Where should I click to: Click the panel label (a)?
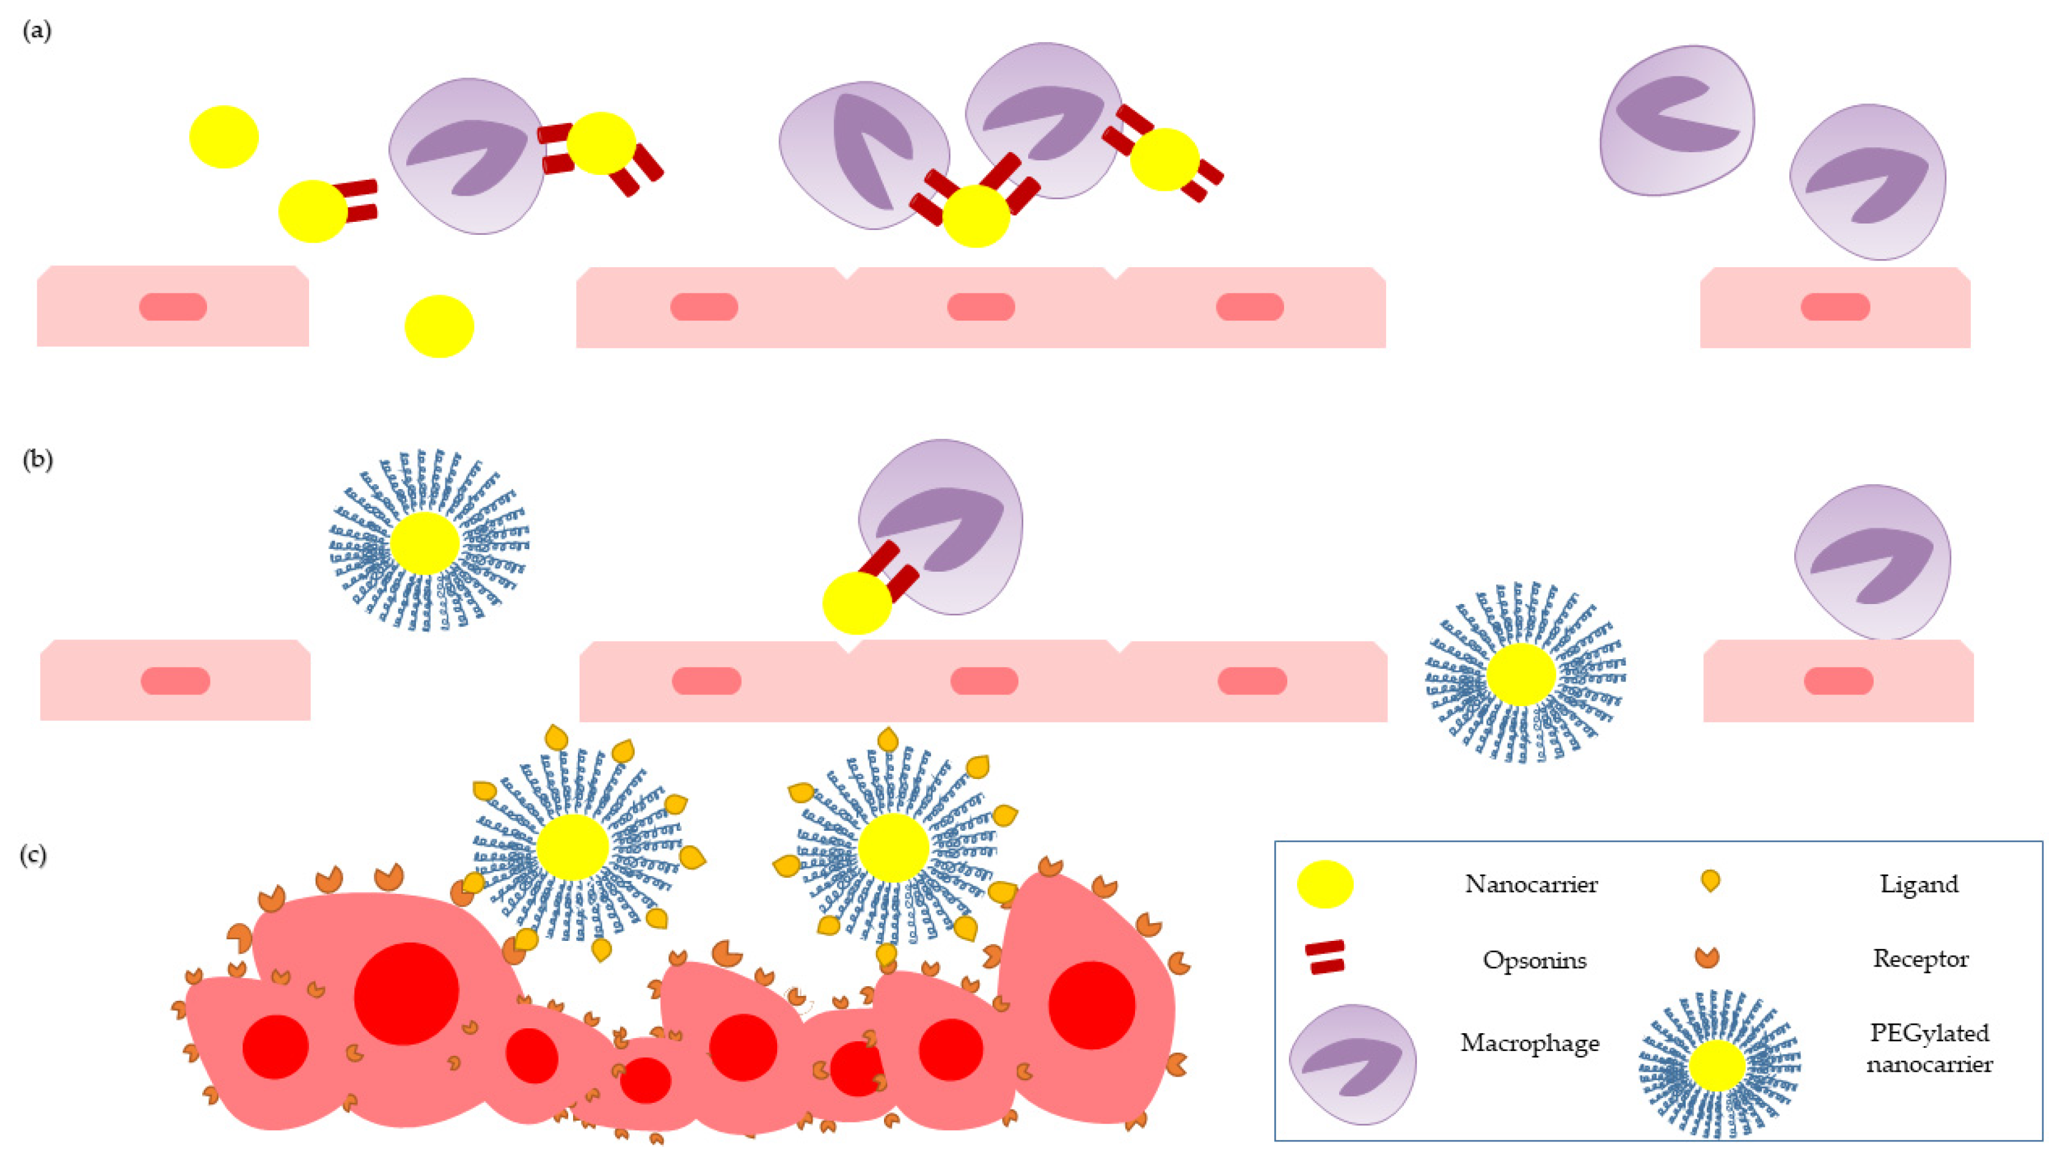37,31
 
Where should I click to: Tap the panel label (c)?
33,855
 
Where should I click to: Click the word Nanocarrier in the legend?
1530,884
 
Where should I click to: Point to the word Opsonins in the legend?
1534,959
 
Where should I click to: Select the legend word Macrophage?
1529,1042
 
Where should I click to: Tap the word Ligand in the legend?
1918,883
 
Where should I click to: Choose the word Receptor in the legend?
1920,958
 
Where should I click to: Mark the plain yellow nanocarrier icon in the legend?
1324,884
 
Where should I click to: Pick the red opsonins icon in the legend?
1324,957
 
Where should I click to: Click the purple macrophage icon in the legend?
1353,1064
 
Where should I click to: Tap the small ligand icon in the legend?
1710,881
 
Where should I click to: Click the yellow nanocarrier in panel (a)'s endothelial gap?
439,326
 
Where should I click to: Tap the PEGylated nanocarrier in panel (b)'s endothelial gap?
1521,674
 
